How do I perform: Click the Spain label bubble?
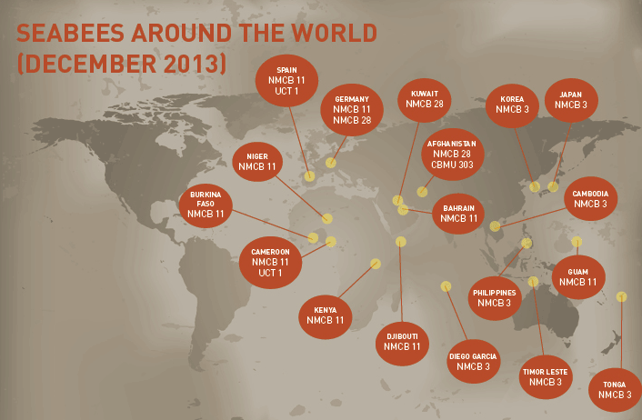point(286,80)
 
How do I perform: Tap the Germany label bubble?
point(352,109)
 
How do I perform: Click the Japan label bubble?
point(571,100)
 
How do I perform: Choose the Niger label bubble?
point(257,162)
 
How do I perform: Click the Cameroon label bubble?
point(270,262)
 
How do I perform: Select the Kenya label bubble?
point(326,315)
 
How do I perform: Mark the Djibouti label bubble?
point(402,341)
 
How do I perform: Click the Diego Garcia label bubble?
point(473,361)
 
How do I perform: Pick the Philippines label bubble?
point(495,297)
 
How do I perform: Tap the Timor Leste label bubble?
point(546,376)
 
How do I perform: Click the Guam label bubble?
point(578,276)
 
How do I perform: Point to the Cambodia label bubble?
point(591,199)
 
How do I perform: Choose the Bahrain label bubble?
point(459,213)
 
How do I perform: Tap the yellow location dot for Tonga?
point(622,296)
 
